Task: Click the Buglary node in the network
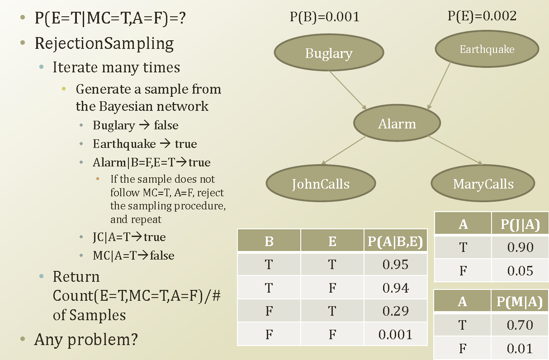pyautogui.click(x=329, y=53)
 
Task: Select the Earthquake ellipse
pyautogui.click(x=487, y=49)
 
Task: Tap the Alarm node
pyautogui.click(x=397, y=123)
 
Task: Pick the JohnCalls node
pyautogui.click(x=321, y=184)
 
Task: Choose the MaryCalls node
pyautogui.click(x=483, y=184)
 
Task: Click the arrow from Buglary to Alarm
pyautogui.click(x=348, y=90)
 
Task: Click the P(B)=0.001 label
pyautogui.click(x=325, y=17)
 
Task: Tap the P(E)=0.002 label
pyautogui.click(x=482, y=16)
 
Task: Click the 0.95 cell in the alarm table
pyautogui.click(x=395, y=265)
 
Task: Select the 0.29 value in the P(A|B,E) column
pyautogui.click(x=395, y=311)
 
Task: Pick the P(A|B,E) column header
pyautogui.click(x=395, y=242)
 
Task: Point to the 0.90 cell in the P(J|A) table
pyautogui.click(x=520, y=247)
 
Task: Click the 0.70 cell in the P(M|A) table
pyautogui.click(x=520, y=325)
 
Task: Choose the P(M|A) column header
pyautogui.click(x=520, y=302)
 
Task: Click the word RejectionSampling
pyautogui.click(x=104, y=43)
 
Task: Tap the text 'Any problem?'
pyautogui.click(x=86, y=339)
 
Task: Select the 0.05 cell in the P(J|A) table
pyautogui.click(x=520, y=271)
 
